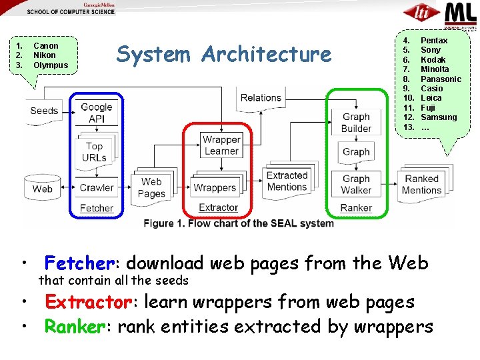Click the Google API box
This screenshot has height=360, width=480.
point(97,113)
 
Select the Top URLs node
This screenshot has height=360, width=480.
point(95,151)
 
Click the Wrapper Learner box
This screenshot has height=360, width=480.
point(221,145)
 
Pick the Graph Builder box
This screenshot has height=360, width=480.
point(356,123)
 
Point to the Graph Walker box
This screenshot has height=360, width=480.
point(356,184)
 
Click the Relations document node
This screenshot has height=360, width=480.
point(261,98)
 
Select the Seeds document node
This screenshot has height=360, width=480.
point(44,111)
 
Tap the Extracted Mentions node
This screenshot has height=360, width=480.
point(287,181)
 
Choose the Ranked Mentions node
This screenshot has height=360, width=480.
point(422,184)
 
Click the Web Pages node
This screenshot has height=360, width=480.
point(151,187)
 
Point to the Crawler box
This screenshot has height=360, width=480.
point(97,187)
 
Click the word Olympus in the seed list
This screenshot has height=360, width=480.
point(51,65)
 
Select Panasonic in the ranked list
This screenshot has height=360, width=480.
point(441,79)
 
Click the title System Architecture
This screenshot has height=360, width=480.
point(223,54)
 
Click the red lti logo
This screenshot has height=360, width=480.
point(421,13)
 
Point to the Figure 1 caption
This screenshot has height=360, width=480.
point(239,223)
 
